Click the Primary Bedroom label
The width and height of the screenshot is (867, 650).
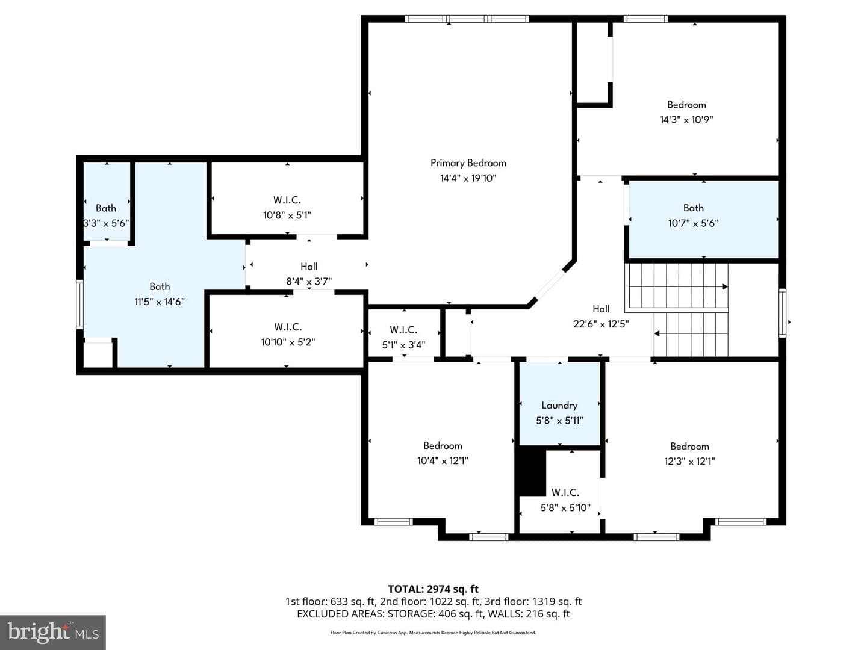[x=468, y=163]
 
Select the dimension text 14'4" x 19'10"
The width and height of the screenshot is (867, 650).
[x=468, y=178]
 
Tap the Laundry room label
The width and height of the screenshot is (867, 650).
[x=559, y=405]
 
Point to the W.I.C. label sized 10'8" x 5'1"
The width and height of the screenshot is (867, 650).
[x=287, y=200]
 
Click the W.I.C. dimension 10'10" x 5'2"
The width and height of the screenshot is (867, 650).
[x=288, y=342]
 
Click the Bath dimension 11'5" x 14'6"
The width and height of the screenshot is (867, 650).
[x=160, y=302]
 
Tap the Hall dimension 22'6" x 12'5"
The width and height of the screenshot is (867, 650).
[x=601, y=324]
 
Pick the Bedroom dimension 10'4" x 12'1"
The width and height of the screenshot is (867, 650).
[x=443, y=460]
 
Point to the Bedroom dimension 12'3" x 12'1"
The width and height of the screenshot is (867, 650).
[x=689, y=461]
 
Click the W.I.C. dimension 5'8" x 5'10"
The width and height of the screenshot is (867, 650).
[x=565, y=507]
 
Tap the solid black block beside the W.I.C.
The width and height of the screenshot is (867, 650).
[x=532, y=473]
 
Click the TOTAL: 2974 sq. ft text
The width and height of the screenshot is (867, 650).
[x=433, y=589]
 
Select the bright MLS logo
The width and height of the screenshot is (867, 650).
[x=53, y=633]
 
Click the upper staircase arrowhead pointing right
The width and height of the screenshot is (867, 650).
[x=725, y=287]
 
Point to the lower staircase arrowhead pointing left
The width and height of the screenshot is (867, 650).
[x=657, y=333]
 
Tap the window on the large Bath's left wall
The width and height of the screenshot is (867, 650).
[x=80, y=305]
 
